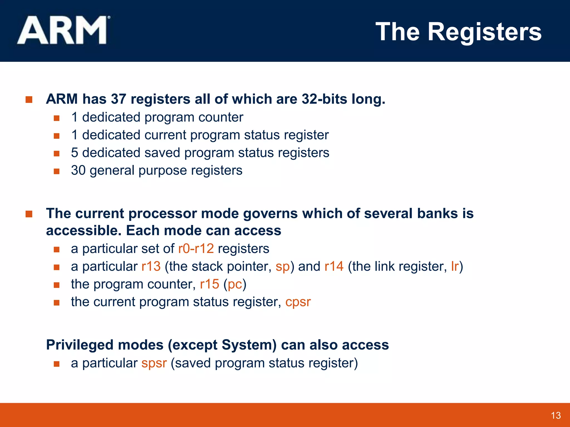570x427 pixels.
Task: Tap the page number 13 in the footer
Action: tap(556, 416)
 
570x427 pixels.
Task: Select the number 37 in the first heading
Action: tap(118, 99)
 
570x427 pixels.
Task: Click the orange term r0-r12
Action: tap(196, 249)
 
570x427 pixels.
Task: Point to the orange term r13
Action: tap(151, 266)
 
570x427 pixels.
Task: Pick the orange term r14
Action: tap(334, 266)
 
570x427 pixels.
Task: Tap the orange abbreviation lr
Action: tap(455, 266)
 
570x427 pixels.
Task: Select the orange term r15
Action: tap(209, 284)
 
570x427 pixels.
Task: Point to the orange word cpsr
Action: tap(298, 302)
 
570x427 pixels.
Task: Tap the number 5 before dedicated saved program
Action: tap(75, 153)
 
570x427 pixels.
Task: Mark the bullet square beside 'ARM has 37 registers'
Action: tap(29, 100)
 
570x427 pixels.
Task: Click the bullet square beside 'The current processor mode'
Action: tap(29, 214)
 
